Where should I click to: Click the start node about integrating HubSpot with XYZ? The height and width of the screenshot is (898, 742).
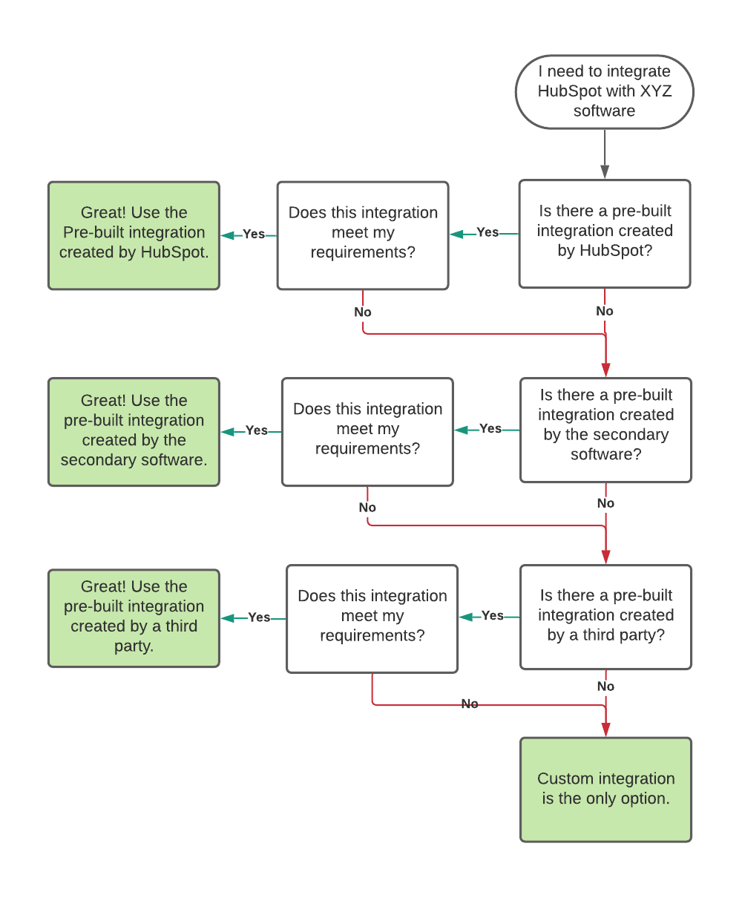[x=604, y=91]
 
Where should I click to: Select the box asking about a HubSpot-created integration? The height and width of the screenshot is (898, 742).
[x=604, y=234]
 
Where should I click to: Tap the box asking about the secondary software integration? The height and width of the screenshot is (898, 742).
[x=605, y=430]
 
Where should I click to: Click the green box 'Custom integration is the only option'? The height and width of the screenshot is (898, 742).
[x=605, y=789]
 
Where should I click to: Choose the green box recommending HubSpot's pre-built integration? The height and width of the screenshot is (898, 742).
[x=134, y=235]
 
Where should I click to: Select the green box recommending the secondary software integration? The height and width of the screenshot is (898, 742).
[x=134, y=431]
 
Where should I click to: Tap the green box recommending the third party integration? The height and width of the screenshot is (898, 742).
[x=134, y=618]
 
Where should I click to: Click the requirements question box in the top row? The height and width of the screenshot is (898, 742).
[x=363, y=235]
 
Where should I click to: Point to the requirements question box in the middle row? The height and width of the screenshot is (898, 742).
[x=367, y=431]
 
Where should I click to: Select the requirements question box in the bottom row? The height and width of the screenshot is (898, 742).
[x=372, y=618]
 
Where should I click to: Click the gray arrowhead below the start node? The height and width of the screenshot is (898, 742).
[x=604, y=171]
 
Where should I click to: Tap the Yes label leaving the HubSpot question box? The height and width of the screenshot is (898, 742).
[x=487, y=232]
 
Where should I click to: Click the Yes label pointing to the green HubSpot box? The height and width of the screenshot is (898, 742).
[x=253, y=234]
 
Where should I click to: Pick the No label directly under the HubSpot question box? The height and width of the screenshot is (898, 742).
[x=604, y=311]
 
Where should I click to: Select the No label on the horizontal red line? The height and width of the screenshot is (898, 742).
[x=469, y=704]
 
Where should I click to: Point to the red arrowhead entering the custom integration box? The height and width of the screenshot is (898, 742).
[x=605, y=730]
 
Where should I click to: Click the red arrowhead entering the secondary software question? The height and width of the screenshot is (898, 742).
[x=605, y=370]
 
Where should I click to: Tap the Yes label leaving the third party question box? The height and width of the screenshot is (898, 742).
[x=492, y=615]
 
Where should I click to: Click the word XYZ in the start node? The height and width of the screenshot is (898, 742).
[x=655, y=91]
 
